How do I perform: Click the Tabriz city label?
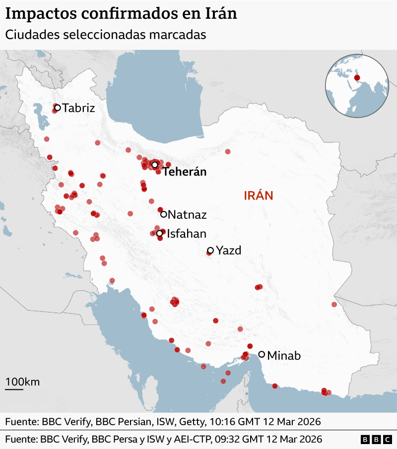click(78, 108)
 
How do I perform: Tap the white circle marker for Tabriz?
click(57, 107)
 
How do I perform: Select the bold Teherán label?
click(184, 172)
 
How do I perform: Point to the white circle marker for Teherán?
click(155, 165)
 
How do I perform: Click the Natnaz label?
click(187, 215)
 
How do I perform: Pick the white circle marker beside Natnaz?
click(163, 214)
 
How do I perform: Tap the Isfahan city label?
click(187, 234)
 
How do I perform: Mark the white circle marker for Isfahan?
click(159, 233)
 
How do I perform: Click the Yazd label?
click(229, 251)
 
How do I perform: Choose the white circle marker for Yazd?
click(210, 251)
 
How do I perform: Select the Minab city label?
click(284, 355)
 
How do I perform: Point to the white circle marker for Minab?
click(262, 354)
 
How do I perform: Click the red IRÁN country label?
click(259, 195)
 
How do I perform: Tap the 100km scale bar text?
click(23, 382)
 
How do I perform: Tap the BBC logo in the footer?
click(376, 440)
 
